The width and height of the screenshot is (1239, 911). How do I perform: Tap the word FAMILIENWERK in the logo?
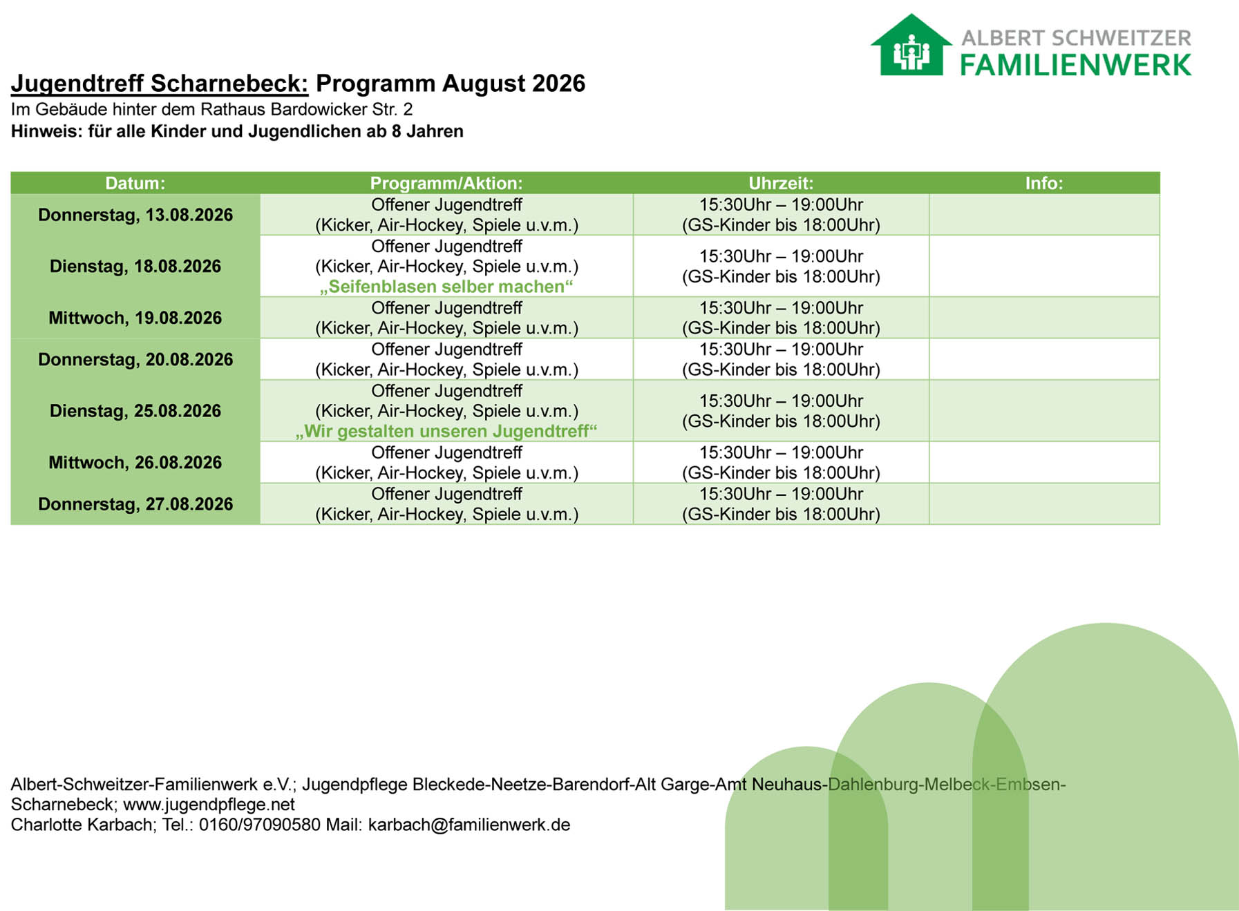[x=1076, y=65]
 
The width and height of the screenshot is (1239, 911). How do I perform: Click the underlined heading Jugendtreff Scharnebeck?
[x=160, y=84]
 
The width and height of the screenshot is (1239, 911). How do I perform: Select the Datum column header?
[x=135, y=183]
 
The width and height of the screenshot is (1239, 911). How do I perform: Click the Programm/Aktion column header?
[x=446, y=183]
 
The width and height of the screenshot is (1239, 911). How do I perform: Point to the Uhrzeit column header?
[x=781, y=183]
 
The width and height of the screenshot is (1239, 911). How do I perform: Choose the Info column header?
[x=1044, y=183]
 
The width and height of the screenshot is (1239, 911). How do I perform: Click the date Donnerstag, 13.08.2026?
[x=135, y=215]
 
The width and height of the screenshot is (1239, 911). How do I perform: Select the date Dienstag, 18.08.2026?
[x=135, y=266]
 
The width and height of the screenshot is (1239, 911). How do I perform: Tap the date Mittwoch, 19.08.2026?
[x=135, y=318]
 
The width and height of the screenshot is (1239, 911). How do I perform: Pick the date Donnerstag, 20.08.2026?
[x=135, y=359]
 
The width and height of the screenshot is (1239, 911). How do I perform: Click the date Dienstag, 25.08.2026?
[x=135, y=411]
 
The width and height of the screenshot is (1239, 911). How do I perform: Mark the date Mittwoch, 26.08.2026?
[x=135, y=462]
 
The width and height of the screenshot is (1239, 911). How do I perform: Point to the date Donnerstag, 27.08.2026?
[x=135, y=504]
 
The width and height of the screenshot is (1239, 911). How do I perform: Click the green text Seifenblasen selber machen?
[x=446, y=287]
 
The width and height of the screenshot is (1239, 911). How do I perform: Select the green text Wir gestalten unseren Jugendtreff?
[x=446, y=432]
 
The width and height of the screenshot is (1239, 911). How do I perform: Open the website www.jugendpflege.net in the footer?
[x=209, y=805]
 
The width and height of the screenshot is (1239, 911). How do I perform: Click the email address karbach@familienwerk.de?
[x=469, y=825]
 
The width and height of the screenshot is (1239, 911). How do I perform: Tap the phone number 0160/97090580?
[x=260, y=825]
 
